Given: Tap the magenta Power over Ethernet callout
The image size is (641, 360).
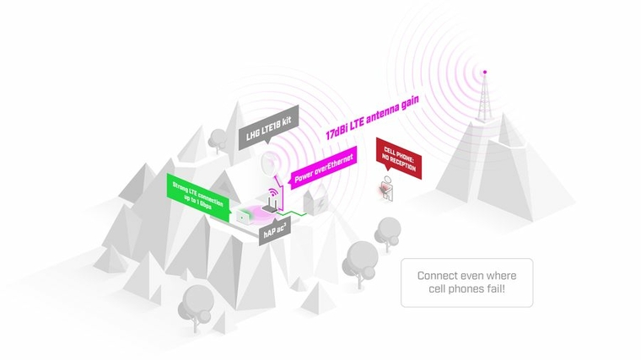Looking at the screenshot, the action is click(323, 167).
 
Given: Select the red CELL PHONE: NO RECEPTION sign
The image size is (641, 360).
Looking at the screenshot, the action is click(399, 158).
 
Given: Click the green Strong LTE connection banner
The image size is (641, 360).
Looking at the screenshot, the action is click(198, 197).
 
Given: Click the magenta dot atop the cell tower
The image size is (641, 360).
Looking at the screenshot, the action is click(485, 72).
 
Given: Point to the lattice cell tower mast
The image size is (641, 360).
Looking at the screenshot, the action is click(484, 98).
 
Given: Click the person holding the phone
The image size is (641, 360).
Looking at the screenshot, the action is click(387, 189).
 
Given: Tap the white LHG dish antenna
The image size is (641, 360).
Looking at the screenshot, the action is click(268, 164).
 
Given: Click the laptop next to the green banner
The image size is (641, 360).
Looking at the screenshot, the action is click(245, 216).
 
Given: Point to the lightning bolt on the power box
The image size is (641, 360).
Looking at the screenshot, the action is click(322, 202).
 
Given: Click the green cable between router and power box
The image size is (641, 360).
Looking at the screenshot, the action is click(292, 212).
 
